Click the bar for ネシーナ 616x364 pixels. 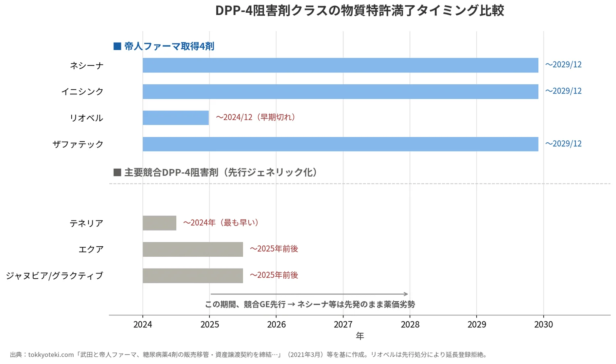(x=340, y=65)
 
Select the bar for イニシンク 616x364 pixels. (x=340, y=92)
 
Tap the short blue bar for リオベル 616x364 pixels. (x=176, y=118)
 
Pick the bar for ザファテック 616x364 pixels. (x=340, y=144)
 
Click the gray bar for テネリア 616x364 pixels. (x=159, y=223)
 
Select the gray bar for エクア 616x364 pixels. (x=193, y=249)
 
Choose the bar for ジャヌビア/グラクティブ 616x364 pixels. (x=193, y=276)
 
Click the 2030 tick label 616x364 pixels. (x=543, y=324)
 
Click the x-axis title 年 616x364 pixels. (x=360, y=336)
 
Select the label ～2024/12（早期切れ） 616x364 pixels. (x=256, y=117)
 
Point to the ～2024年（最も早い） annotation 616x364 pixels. (x=221, y=223)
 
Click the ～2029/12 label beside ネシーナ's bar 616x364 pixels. (x=564, y=65)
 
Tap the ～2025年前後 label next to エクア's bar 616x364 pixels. (x=274, y=249)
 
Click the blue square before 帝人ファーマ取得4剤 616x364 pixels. (x=117, y=46)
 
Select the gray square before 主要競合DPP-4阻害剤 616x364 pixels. (x=117, y=172)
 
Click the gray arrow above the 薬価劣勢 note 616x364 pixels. (x=309, y=294)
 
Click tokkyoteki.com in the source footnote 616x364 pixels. (x=51, y=355)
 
